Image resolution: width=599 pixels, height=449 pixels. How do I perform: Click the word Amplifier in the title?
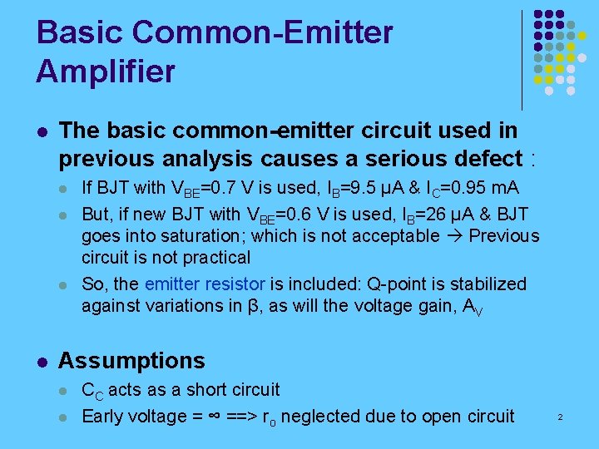click(106, 71)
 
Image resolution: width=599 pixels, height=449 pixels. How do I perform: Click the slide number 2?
click(560, 416)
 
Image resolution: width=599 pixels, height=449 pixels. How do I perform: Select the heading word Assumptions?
click(131, 361)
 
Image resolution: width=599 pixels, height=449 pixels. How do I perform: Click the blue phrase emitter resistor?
click(205, 284)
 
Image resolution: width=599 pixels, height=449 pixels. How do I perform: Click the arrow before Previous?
click(453, 235)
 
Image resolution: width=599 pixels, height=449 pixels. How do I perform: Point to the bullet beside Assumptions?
click(42, 362)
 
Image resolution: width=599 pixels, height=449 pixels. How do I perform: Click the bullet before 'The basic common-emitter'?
click(42, 131)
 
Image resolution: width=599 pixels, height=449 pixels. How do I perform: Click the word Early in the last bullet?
click(101, 417)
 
